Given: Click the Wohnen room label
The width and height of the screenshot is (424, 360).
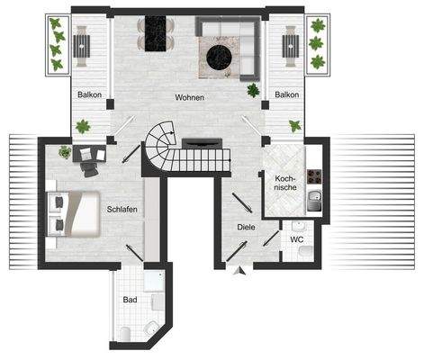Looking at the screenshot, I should click(x=190, y=97).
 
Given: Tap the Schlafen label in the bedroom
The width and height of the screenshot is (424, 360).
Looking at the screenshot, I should click(x=122, y=209).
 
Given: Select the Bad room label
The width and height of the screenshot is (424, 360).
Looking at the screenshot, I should click(x=131, y=301).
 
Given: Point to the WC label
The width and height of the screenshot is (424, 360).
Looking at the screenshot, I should click(x=295, y=240).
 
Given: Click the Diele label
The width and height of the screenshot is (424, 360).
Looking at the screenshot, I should click(x=248, y=228).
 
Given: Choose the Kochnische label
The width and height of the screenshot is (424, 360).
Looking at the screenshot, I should click(x=285, y=182).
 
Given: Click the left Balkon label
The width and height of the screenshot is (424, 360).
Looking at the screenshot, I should click(x=89, y=94).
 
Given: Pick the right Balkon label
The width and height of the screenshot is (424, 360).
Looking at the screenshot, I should click(x=287, y=94).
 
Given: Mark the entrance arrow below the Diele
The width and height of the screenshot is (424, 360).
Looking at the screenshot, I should click(x=236, y=269).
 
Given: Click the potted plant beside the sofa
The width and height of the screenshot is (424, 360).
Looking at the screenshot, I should click(x=253, y=89).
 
